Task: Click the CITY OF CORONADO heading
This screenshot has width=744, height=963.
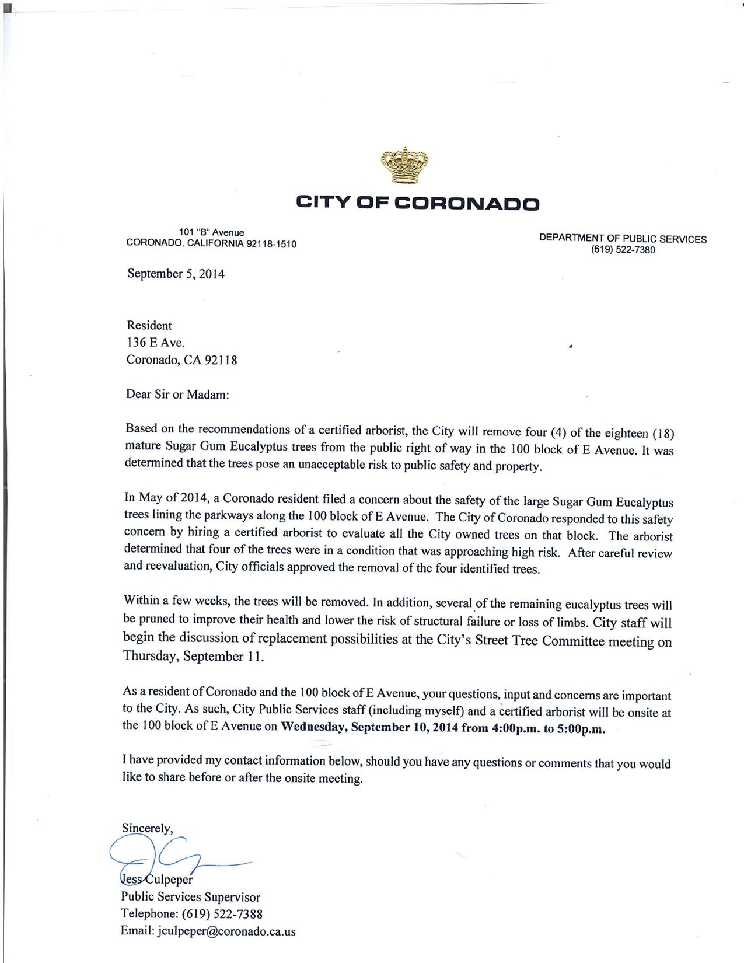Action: click(x=418, y=203)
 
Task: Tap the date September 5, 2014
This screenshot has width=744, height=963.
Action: click(x=176, y=274)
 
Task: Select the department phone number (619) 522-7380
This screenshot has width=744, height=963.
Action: click(x=623, y=250)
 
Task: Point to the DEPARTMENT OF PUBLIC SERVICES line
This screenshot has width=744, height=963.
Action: click(x=623, y=239)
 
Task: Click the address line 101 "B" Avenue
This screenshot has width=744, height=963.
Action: click(x=211, y=233)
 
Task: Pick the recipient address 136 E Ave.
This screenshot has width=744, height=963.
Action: click(x=155, y=343)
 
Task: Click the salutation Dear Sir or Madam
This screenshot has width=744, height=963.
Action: click(x=177, y=395)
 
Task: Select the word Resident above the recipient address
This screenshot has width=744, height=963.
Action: click(x=149, y=325)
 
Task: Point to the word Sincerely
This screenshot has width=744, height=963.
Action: click(x=147, y=828)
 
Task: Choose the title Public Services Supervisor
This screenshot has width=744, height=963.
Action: click(x=190, y=897)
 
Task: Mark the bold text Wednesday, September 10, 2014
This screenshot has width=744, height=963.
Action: click(x=370, y=728)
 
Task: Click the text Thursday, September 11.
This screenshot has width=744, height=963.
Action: click(x=193, y=657)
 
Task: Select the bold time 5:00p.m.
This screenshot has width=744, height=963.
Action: click(x=581, y=730)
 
